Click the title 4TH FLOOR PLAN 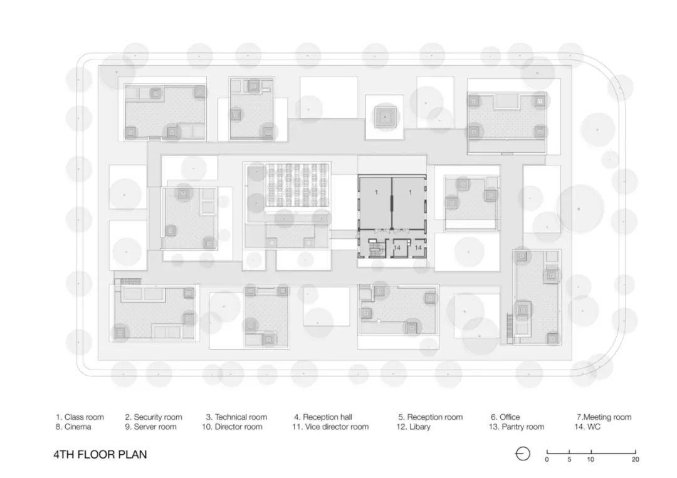click(100, 454)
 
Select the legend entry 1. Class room click(80, 417)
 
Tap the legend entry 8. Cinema click(73, 427)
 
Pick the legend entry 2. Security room click(154, 417)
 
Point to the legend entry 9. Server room click(150, 427)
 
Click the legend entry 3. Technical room click(236, 417)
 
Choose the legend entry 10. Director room click(232, 427)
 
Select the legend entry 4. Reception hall click(323, 417)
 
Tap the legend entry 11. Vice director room click(330, 427)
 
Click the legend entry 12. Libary click(413, 427)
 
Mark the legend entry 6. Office click(505, 417)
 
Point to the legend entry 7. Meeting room click(604, 417)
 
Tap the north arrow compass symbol click(523, 454)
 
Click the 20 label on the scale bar click(635, 460)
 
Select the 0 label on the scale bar click(547, 460)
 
